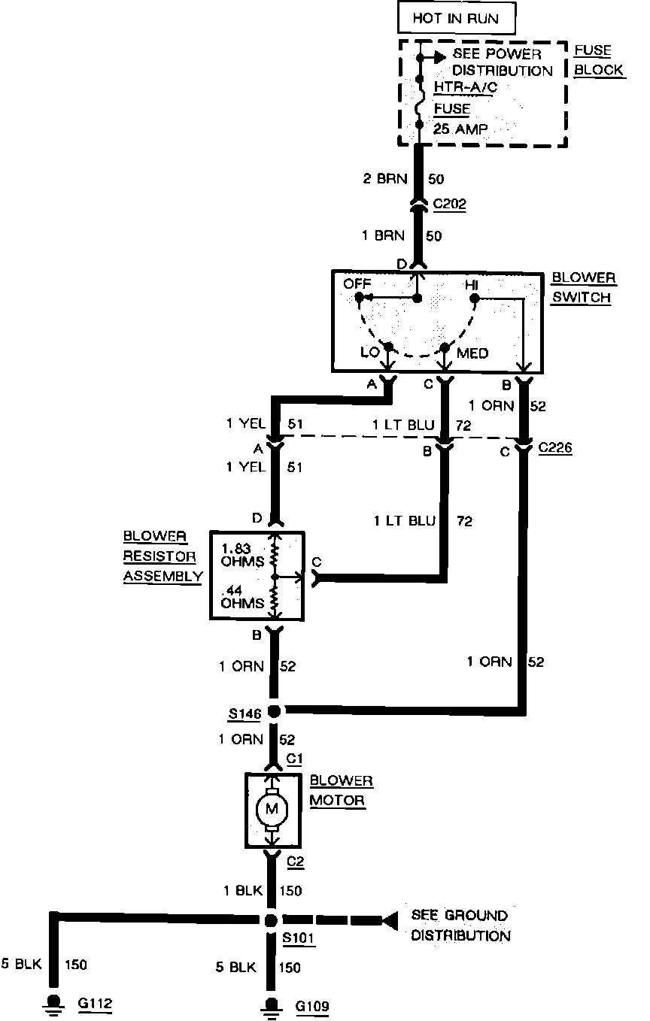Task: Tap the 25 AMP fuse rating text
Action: pos(460,129)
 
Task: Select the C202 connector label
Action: pos(449,204)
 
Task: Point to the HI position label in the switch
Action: pos(471,285)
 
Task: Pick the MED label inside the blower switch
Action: pos(472,353)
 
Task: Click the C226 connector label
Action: pos(555,449)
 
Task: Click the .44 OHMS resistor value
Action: pos(241,597)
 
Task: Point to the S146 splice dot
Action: pos(274,711)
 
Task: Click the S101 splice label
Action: pos(299,939)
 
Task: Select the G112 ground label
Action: pos(95,1004)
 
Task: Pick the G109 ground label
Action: pos(311,1005)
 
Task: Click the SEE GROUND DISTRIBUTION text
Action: pos(460,926)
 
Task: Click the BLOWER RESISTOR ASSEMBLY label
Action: pos(162,556)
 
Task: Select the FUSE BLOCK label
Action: pos(598,60)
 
